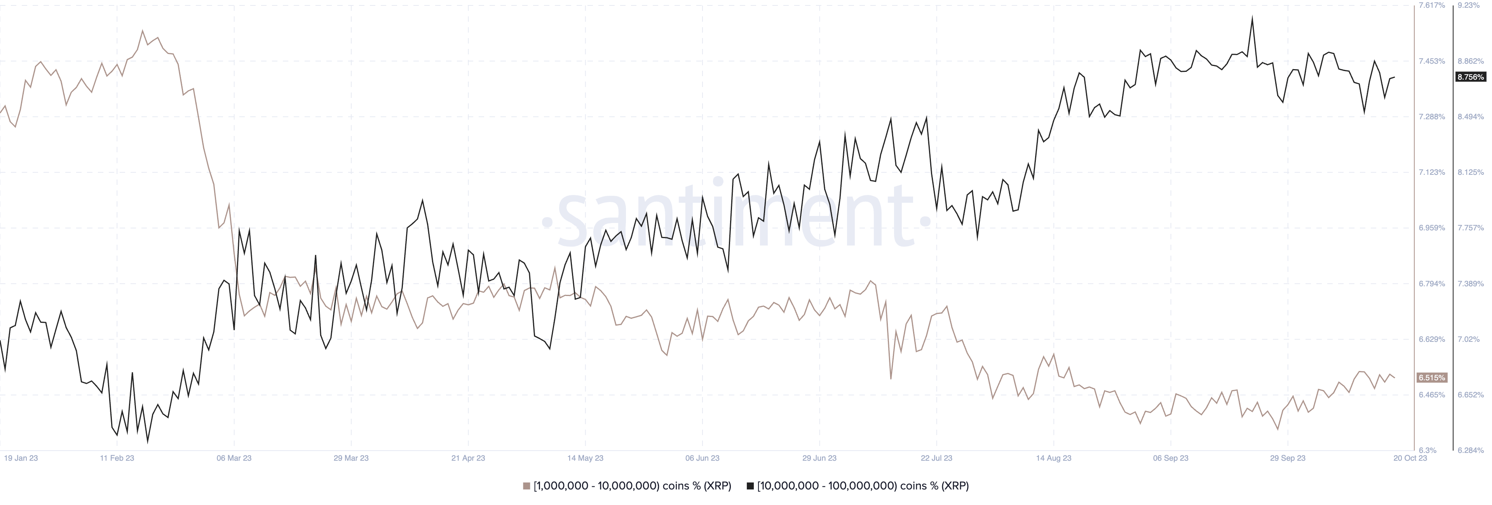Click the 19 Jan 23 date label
point(21,458)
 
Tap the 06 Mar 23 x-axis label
point(234,458)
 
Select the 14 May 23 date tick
point(585,458)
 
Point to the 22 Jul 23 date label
point(936,458)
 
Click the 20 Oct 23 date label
point(1410,458)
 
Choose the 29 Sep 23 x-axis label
point(1288,458)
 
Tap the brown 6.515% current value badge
point(1431,378)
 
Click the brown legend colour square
point(526,486)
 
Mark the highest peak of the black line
point(1252,17)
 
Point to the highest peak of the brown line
point(143,31)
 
